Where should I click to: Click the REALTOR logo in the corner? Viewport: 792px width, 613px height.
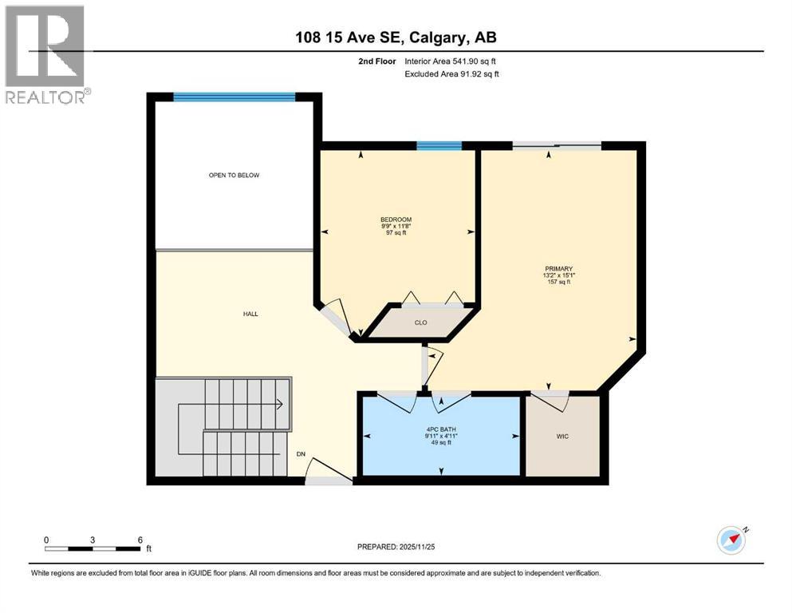click(x=46, y=54)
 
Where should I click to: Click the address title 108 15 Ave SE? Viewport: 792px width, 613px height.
click(x=396, y=38)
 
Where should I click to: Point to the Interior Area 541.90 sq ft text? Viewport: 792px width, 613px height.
click(x=455, y=61)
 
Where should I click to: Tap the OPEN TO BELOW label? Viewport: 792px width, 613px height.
click(x=234, y=175)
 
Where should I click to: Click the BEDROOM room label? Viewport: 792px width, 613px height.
click(x=396, y=219)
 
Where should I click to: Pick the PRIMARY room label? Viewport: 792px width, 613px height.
click(x=558, y=269)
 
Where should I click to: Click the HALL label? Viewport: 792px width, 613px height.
click(x=250, y=314)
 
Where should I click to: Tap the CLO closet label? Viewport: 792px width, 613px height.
click(x=421, y=323)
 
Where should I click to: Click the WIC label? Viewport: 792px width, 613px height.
click(x=562, y=437)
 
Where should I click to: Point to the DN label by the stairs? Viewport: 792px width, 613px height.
click(x=301, y=454)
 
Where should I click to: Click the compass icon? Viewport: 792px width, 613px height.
click(x=731, y=540)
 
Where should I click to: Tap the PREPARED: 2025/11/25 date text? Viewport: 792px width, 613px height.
click(x=396, y=547)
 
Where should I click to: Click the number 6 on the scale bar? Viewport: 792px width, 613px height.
click(x=140, y=540)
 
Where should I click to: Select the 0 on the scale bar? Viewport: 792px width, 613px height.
click(x=46, y=540)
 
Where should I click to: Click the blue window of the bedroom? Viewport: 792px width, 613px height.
click(x=439, y=145)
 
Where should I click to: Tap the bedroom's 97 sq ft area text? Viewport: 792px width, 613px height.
click(x=396, y=233)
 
